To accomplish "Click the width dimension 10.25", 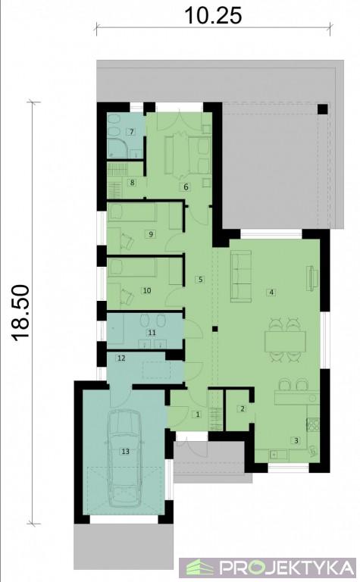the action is [x=213, y=15].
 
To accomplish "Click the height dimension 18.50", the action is [x=20, y=312].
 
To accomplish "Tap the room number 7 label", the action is [x=131, y=132].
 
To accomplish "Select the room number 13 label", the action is [x=126, y=452].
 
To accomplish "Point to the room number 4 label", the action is [x=271, y=292].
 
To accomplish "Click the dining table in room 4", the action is [x=285, y=341].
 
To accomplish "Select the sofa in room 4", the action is [x=241, y=276].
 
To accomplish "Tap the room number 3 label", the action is [x=296, y=440].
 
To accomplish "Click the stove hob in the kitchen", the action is [x=313, y=424].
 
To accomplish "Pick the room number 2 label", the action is [x=243, y=409].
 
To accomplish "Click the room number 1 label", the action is [x=198, y=415].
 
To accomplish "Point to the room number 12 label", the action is [x=121, y=358].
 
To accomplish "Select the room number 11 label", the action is [x=152, y=333].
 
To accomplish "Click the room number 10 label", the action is [x=147, y=290].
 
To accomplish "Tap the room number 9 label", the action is [x=150, y=234].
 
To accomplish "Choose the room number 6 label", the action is [x=186, y=186].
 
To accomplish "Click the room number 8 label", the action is [x=131, y=182].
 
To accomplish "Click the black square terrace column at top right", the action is [x=323, y=109].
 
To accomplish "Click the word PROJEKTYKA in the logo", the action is [x=286, y=568].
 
